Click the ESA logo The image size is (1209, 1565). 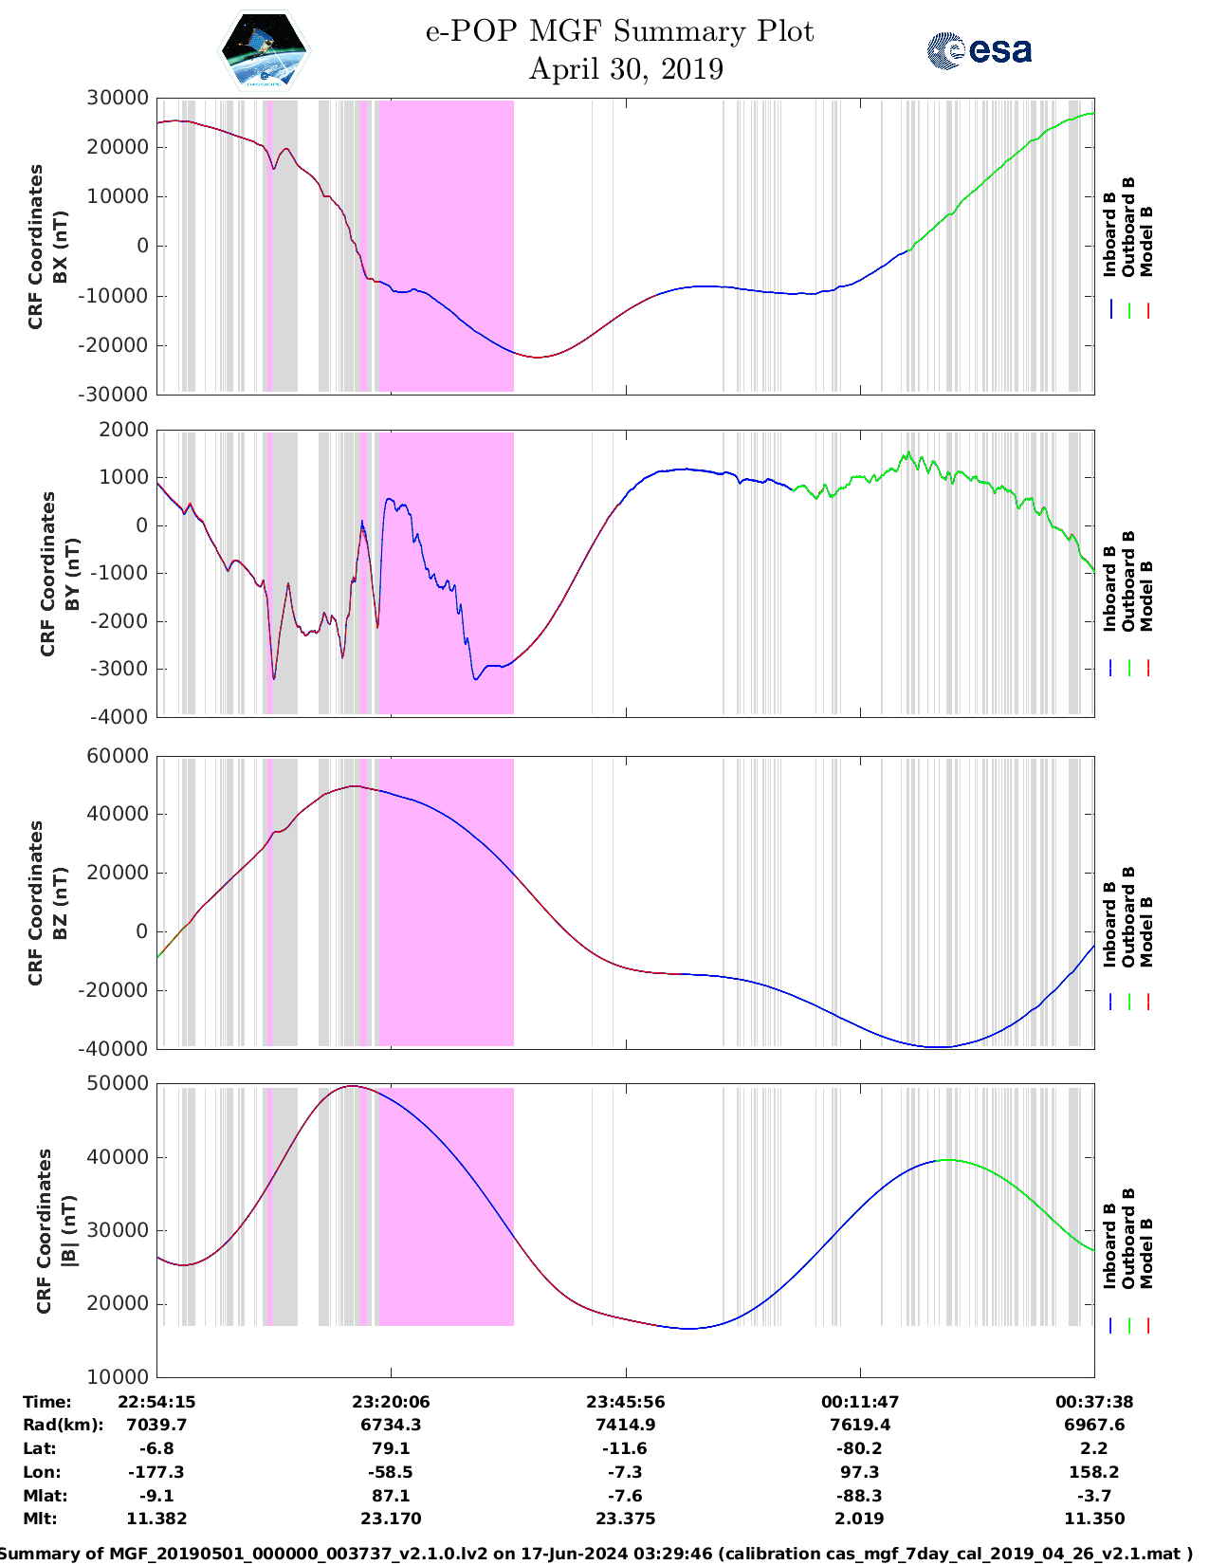tap(979, 50)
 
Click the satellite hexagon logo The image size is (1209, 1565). tap(264, 50)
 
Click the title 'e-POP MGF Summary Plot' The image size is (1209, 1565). tap(619, 31)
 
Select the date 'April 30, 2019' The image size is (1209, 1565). tap(626, 69)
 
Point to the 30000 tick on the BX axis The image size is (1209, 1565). tap(118, 98)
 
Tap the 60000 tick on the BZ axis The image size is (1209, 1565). tap(118, 756)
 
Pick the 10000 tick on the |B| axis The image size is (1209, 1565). tap(118, 1376)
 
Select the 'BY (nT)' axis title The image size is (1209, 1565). tap(71, 574)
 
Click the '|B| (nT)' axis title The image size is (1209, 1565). tap(68, 1231)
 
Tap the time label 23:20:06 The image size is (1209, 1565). tap(391, 1402)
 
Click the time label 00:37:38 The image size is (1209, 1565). tap(1094, 1402)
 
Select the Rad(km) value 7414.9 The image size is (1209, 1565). tap(626, 1425)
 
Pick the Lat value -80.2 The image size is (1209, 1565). tap(860, 1448)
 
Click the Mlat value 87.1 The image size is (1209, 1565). tap(391, 1496)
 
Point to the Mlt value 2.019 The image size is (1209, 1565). tap(860, 1519)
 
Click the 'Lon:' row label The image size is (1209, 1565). tap(42, 1472)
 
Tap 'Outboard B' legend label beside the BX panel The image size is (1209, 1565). tap(1128, 228)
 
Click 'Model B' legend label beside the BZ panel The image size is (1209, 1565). tap(1146, 931)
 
